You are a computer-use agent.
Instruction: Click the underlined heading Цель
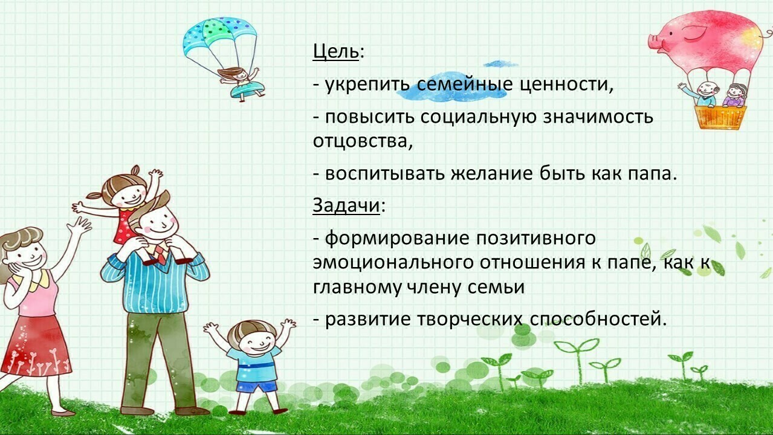335,52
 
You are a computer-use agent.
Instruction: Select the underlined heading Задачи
346,205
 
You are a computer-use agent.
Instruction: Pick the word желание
492,173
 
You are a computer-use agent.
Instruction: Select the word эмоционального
393,263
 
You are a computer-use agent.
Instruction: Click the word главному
357,288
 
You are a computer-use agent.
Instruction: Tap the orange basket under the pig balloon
720,117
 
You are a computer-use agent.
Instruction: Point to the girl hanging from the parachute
242,83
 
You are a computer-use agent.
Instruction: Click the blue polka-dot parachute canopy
219,36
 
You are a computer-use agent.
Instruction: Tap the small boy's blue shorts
256,385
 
